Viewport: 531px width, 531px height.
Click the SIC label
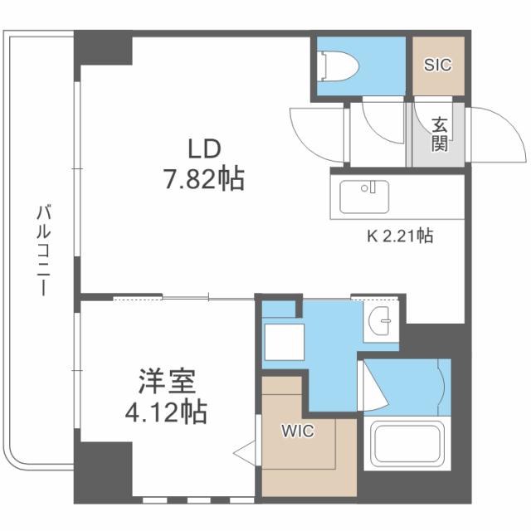437,65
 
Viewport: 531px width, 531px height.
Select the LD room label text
202,149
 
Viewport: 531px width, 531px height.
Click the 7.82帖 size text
202,178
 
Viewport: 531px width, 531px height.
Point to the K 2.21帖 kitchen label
399,236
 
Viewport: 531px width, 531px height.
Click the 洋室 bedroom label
167,382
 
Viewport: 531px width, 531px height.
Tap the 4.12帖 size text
167,410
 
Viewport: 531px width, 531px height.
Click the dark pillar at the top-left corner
103,47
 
